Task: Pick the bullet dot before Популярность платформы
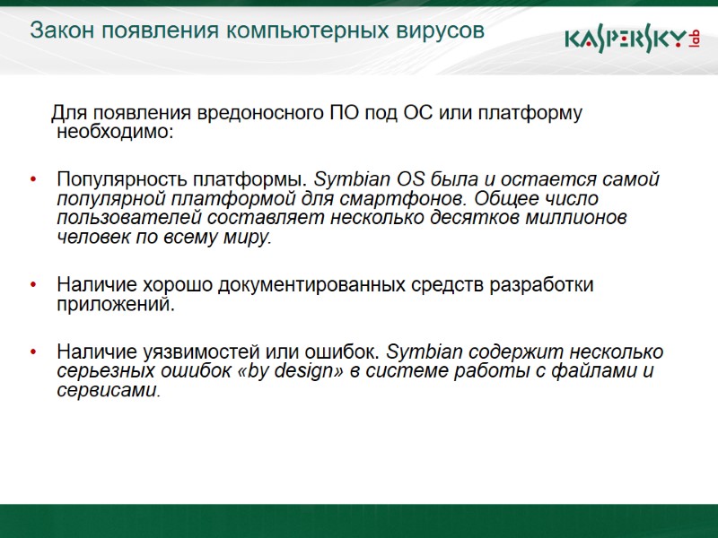(33, 179)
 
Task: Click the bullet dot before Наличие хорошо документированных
(33, 286)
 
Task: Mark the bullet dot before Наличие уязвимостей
(33, 351)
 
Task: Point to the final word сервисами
(106, 391)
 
